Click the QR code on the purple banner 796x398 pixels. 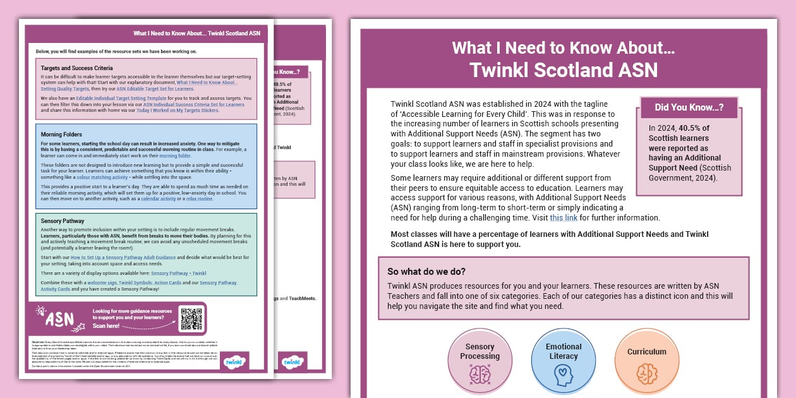191,319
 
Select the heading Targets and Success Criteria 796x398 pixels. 76,68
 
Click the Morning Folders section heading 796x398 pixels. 62,135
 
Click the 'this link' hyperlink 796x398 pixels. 564,218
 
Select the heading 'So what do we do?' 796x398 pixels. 426,272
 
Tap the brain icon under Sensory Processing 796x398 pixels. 479,375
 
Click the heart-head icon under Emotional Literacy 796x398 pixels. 563,375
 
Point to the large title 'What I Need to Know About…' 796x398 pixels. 564,47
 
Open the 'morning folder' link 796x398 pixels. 175,155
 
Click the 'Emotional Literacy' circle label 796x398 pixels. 564,351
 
